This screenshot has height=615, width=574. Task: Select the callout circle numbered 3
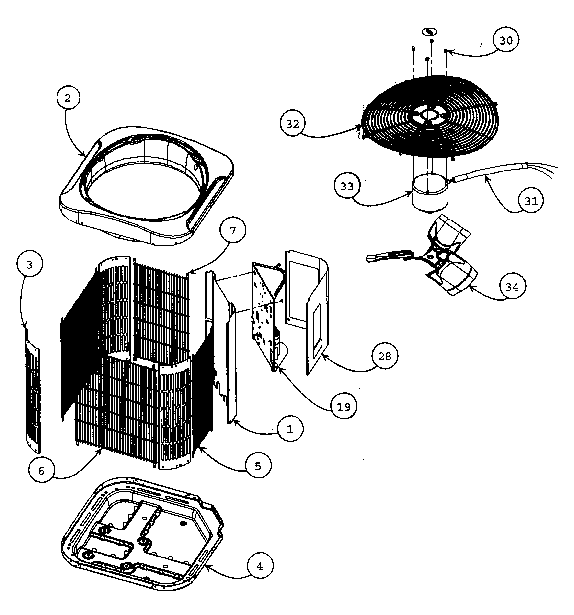tap(30, 265)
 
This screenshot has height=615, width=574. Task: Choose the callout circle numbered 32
tap(293, 124)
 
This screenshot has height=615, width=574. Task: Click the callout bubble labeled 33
tap(347, 186)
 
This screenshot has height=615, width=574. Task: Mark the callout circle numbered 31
tap(531, 201)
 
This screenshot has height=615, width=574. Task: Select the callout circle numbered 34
tap(512, 287)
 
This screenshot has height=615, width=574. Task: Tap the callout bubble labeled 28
tap(384, 356)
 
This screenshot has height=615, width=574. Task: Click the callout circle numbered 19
tap(344, 406)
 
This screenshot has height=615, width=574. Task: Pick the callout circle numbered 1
tap(290, 429)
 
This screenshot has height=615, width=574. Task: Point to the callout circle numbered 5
tap(258, 466)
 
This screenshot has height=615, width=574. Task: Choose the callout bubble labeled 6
tap(41, 471)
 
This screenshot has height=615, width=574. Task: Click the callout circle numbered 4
tap(260, 566)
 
